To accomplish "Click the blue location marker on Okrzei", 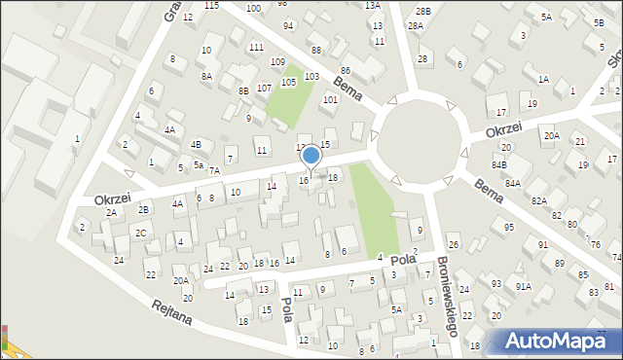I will tap(311, 155).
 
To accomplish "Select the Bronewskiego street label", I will tap(446, 301).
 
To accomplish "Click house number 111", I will tap(256, 47).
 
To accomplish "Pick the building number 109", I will tap(277, 62).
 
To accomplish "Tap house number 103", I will tap(311, 76).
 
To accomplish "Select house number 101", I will tap(330, 99).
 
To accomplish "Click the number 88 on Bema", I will tap(315, 50).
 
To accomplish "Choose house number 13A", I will tap(372, 5).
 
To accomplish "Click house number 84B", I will tap(498, 164).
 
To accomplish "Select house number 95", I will tap(508, 227).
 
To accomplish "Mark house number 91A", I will tap(523, 286).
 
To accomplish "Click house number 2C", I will tap(141, 233).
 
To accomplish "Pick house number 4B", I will tap(196, 145).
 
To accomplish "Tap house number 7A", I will tap(214, 170).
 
